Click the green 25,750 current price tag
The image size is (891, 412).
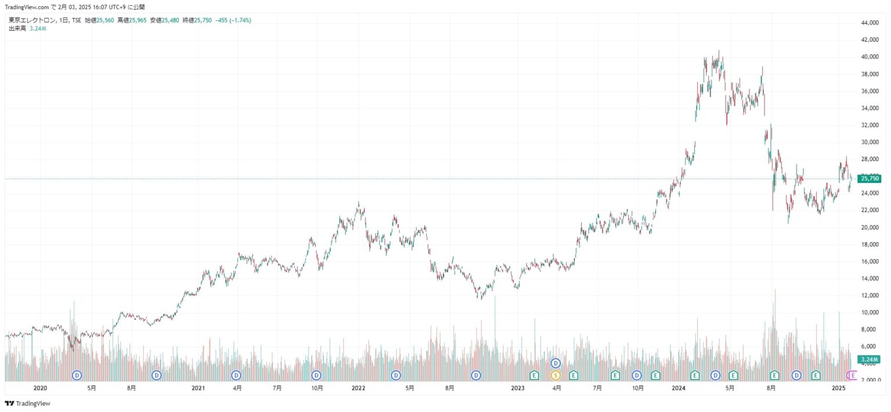(870, 178)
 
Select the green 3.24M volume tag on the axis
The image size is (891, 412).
(869, 359)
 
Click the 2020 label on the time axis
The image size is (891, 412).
(40, 388)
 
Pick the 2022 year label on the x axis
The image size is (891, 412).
(358, 388)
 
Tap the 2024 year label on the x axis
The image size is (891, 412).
(678, 388)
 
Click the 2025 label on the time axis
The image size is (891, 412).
(836, 388)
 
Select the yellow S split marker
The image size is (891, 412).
(555, 375)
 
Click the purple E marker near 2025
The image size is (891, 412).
(853, 375)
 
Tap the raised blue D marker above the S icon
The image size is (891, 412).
(555, 363)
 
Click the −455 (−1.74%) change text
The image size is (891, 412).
(233, 20)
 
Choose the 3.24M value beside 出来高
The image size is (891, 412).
(38, 28)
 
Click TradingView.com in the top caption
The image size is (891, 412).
(27, 7)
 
